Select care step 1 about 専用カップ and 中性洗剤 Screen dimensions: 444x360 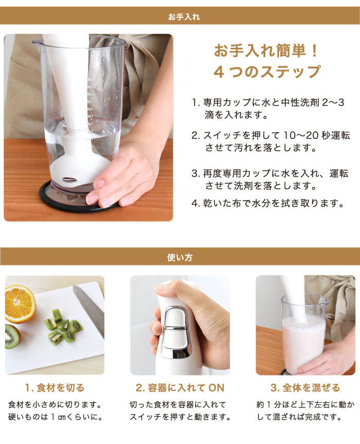point(267,109)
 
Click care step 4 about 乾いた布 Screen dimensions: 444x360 point(267,203)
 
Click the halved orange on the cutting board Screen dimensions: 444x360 point(20,304)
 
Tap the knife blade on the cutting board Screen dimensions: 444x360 point(88,309)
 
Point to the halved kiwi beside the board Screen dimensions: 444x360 point(11,336)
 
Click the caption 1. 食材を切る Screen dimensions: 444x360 point(55,387)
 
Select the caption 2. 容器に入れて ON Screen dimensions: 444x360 point(180,387)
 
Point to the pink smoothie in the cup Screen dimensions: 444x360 point(303,340)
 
